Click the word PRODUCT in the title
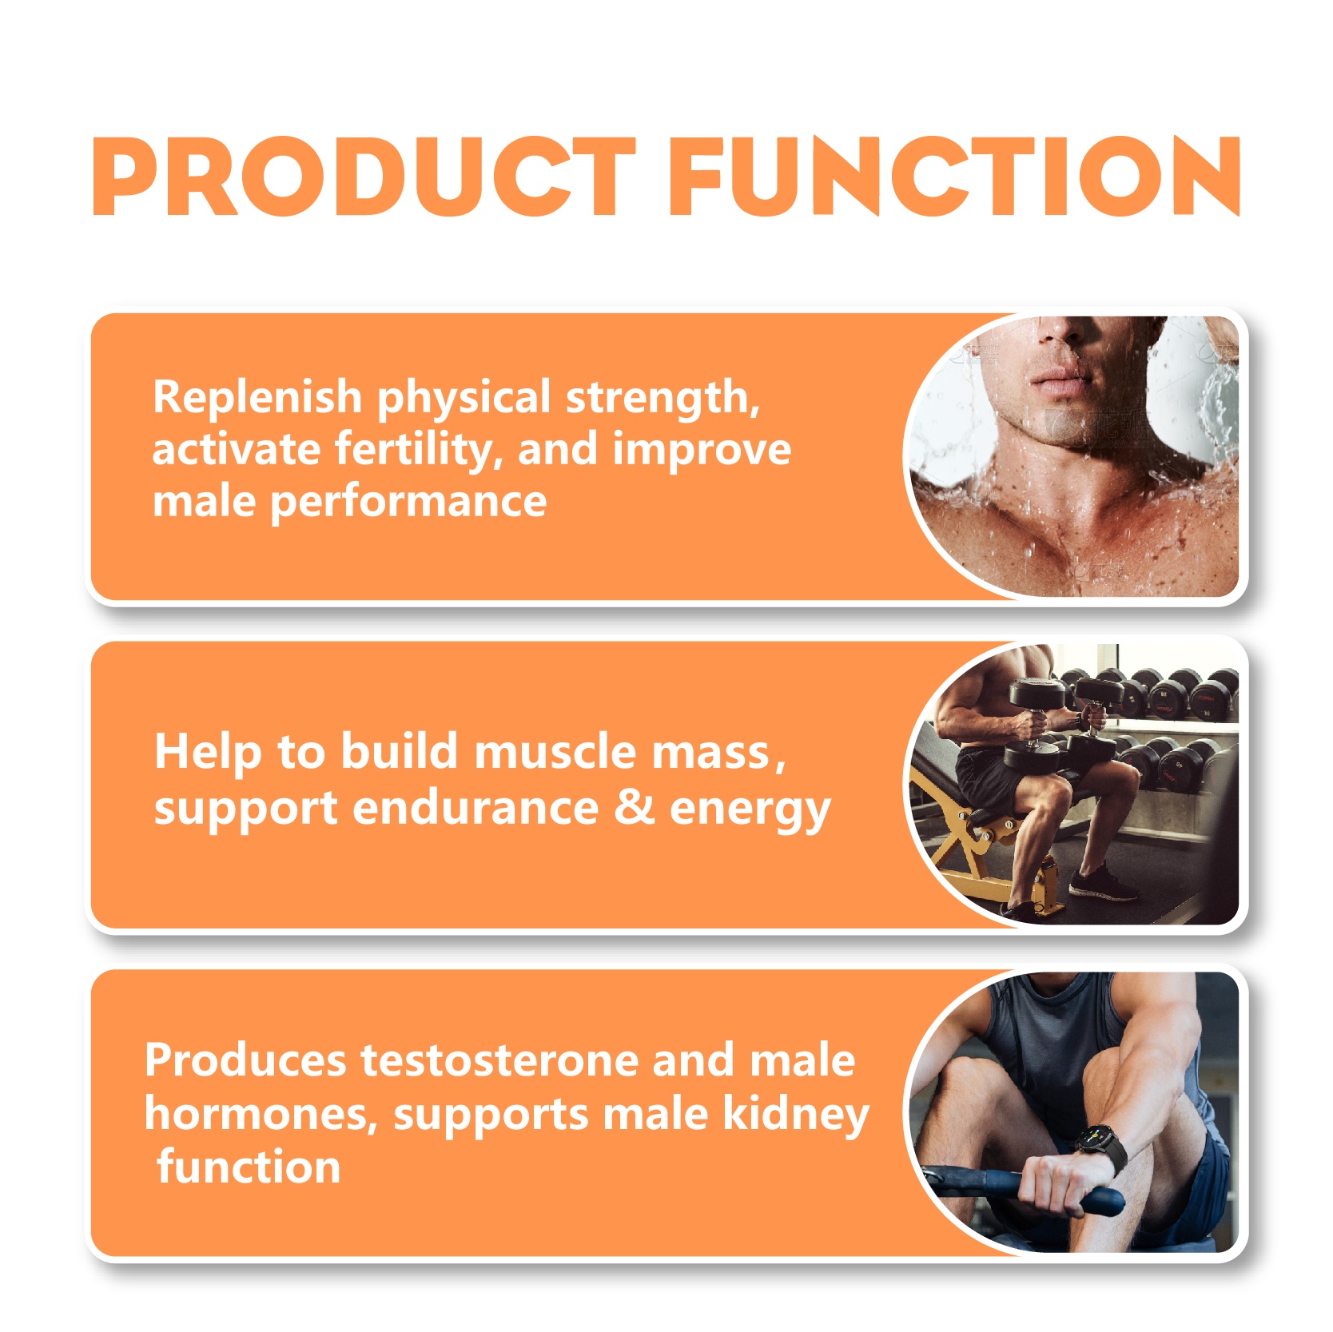click(x=364, y=176)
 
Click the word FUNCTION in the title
click(x=955, y=176)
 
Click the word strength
click(x=663, y=397)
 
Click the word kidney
click(x=795, y=1115)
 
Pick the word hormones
click(x=261, y=1114)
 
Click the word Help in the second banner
click(x=208, y=753)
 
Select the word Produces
click(x=245, y=1061)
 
